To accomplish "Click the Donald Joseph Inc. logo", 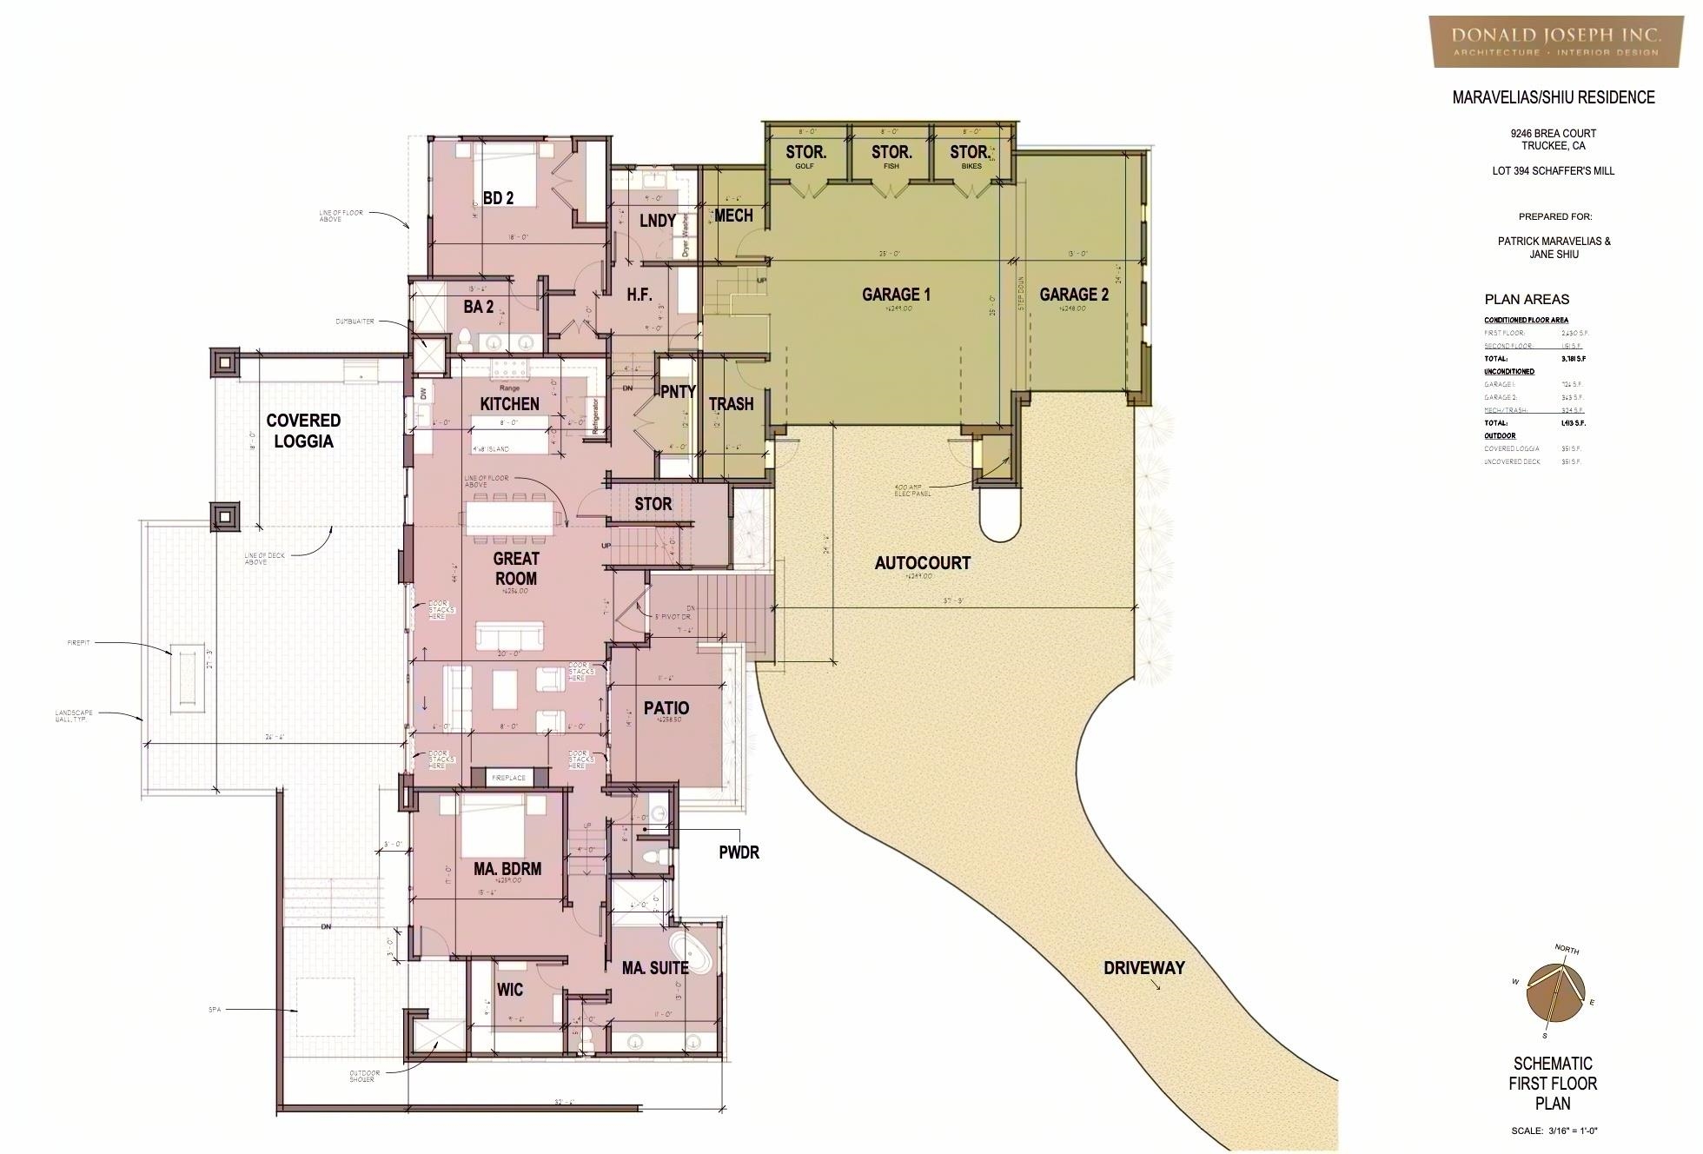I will click(1554, 40).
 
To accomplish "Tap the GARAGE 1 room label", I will click(896, 295).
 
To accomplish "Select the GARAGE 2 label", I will click(1074, 295).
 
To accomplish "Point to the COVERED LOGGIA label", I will click(303, 430).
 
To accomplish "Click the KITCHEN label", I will click(510, 404).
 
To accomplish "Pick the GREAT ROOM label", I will click(516, 568).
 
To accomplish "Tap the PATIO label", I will click(666, 708).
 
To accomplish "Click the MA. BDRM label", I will click(507, 868).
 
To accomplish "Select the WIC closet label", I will click(510, 990).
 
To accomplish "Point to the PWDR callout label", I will click(739, 852).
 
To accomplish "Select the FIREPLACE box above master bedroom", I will click(509, 778).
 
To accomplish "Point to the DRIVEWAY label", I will click(1143, 968).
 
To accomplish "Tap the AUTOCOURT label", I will click(922, 563).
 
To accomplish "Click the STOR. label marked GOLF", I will click(805, 153).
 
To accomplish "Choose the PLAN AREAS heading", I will click(1527, 299).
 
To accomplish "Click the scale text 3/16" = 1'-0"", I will click(1554, 1131).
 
